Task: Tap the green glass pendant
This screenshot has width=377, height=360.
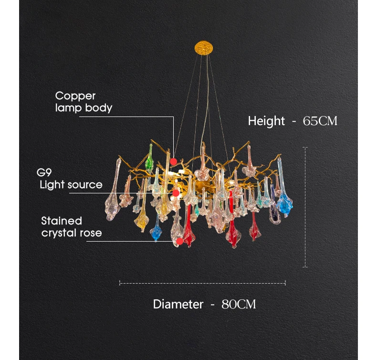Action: click(150, 160)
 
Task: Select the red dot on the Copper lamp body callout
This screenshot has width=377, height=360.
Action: click(173, 161)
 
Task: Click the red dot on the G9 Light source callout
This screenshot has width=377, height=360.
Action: click(176, 193)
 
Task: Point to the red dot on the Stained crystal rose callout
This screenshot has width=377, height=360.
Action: click(179, 241)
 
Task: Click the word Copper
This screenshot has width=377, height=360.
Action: click(75, 96)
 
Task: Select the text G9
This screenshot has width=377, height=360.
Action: click(44, 172)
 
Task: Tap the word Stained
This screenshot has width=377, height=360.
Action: click(62, 221)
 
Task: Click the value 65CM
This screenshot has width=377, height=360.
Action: click(320, 121)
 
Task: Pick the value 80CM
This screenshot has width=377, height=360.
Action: click(239, 304)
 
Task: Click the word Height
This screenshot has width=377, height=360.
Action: click(266, 121)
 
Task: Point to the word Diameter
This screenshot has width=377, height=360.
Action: click(178, 304)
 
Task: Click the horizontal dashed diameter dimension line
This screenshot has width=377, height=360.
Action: click(202, 283)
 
